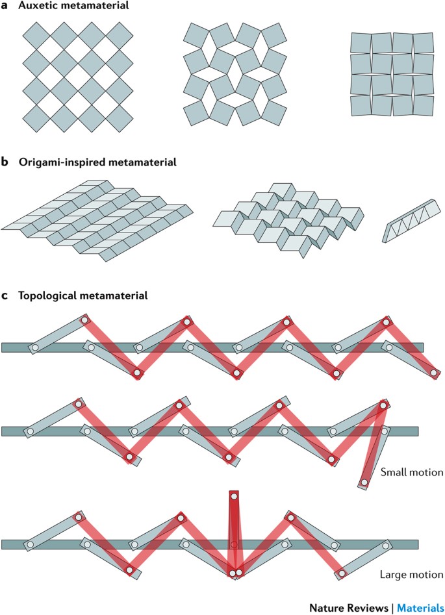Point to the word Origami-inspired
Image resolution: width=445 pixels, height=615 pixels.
57,162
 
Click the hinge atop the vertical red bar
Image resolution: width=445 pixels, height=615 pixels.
234,497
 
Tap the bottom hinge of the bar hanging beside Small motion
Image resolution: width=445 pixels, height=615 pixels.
364,483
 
